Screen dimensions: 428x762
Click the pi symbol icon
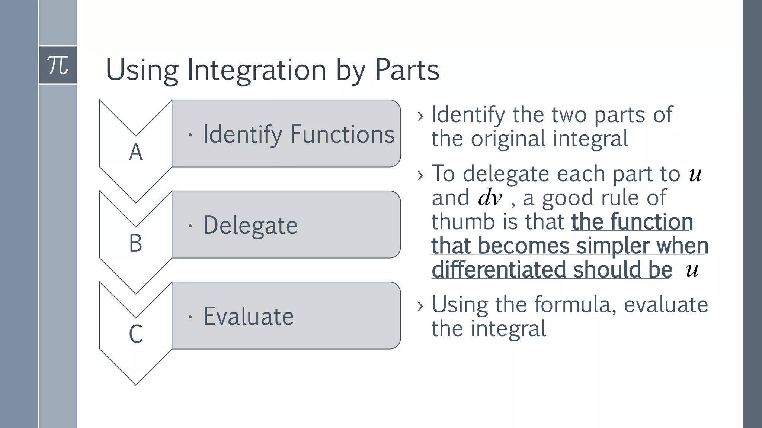[58, 65]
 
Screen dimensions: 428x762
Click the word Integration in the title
[256, 70]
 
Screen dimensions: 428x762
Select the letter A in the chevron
[136, 152]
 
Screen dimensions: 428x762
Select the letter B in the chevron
[136, 243]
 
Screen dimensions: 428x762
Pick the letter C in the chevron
[136, 334]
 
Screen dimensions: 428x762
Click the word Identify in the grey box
[243, 134]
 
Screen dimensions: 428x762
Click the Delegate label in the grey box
[250, 226]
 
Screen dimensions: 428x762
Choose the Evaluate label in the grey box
[249, 316]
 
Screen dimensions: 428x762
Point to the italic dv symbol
[490, 198]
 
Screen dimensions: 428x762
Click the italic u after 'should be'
[692, 270]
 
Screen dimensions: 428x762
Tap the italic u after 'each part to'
[695, 174]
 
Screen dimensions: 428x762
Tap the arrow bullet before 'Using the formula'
[421, 306]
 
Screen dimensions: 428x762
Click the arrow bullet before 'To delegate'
[421, 175]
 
